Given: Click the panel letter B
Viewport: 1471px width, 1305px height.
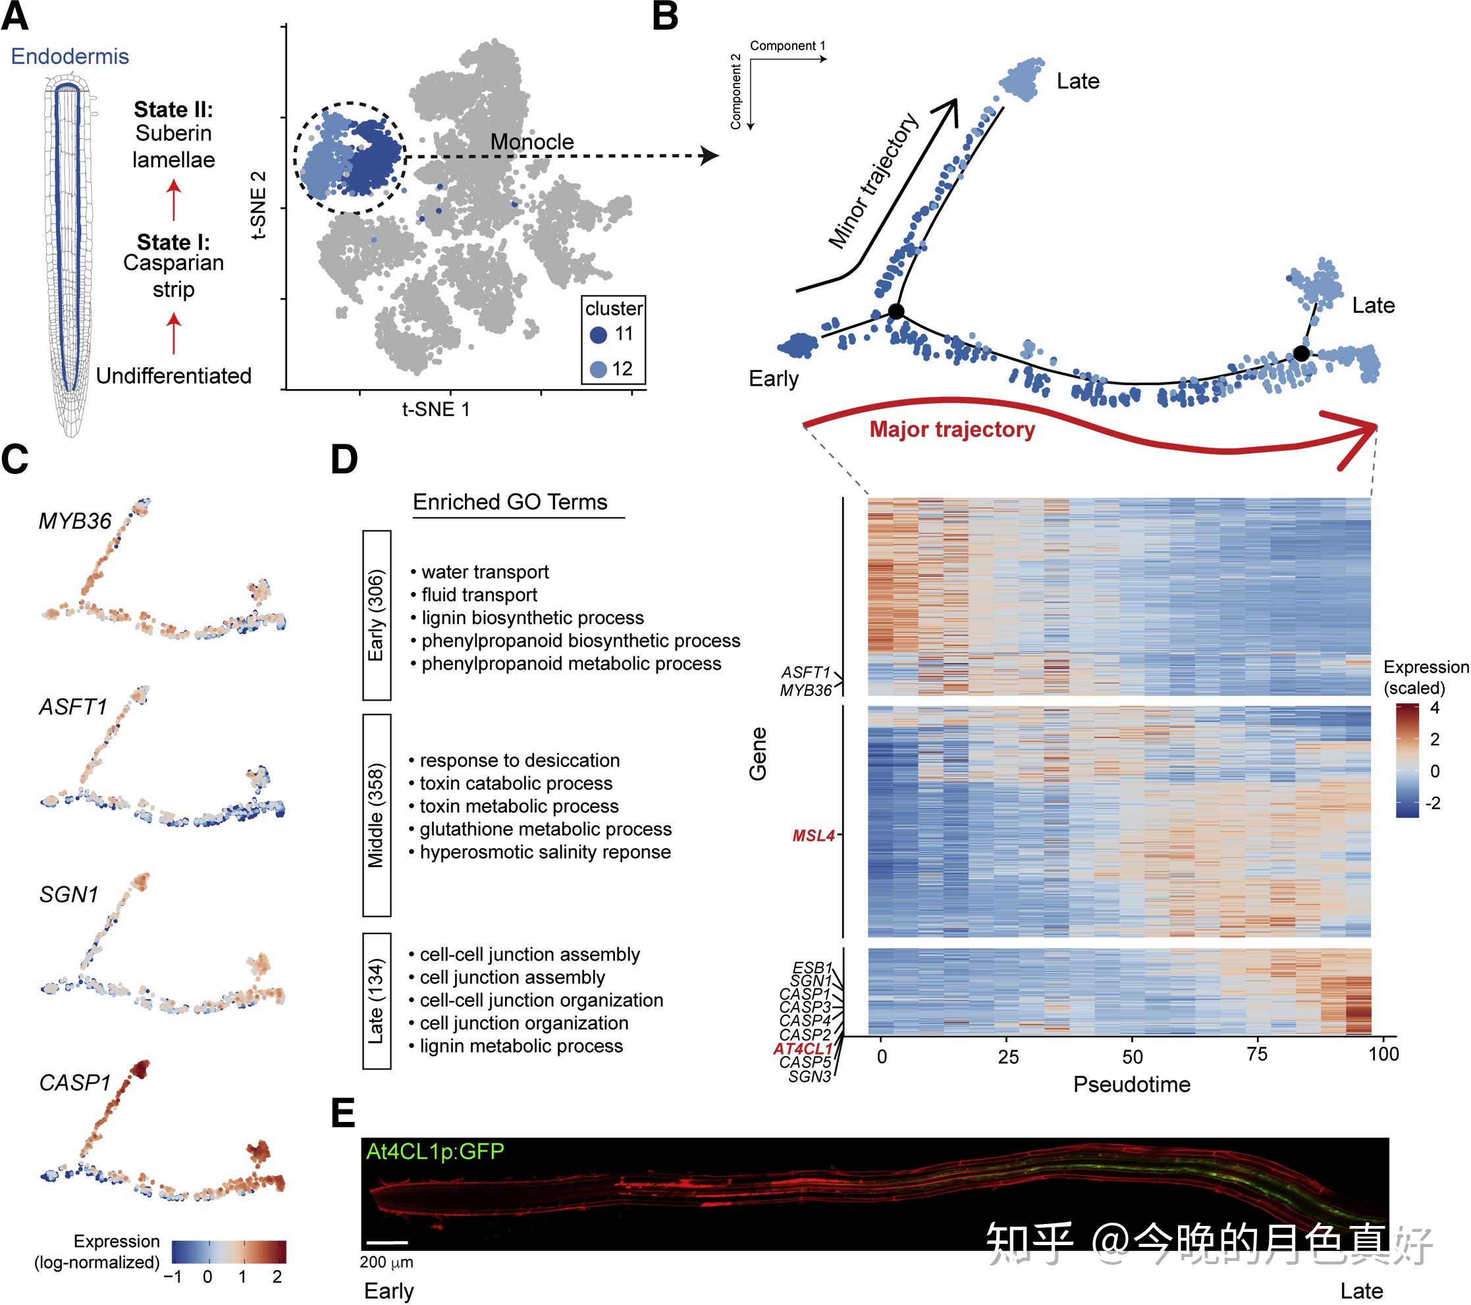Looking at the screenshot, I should [x=665, y=17].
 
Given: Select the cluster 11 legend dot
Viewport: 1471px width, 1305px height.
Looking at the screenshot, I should [x=598, y=334].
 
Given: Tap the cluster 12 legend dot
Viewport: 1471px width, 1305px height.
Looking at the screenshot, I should [x=598, y=369].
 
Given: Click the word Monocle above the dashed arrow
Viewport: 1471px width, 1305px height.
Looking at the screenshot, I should [x=532, y=142].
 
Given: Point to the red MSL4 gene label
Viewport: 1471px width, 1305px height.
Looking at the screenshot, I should [x=813, y=836].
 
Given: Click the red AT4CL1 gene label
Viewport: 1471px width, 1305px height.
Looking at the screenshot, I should [x=803, y=1049].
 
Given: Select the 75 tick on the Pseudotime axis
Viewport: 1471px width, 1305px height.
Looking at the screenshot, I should [x=1256, y=1055].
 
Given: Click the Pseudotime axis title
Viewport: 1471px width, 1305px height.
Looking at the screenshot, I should [x=1131, y=1084].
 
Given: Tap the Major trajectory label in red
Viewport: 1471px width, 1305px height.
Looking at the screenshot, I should [x=951, y=430].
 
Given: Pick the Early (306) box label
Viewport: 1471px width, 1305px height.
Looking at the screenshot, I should [x=377, y=616].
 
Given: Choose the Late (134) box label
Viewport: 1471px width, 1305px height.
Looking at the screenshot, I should [x=377, y=1001].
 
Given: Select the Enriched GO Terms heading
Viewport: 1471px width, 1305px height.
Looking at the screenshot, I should [x=510, y=502].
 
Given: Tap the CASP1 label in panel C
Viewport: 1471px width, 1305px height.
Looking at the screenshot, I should [x=75, y=1082].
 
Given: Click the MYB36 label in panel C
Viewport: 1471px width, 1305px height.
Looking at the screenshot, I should [x=75, y=520].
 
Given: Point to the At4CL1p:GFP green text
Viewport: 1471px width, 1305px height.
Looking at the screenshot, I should [x=435, y=1152].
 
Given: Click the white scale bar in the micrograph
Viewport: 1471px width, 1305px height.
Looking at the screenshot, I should [x=387, y=1242].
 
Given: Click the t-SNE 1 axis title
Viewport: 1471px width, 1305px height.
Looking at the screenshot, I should [x=435, y=410].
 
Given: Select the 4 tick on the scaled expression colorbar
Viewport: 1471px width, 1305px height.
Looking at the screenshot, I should [x=1434, y=708].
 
